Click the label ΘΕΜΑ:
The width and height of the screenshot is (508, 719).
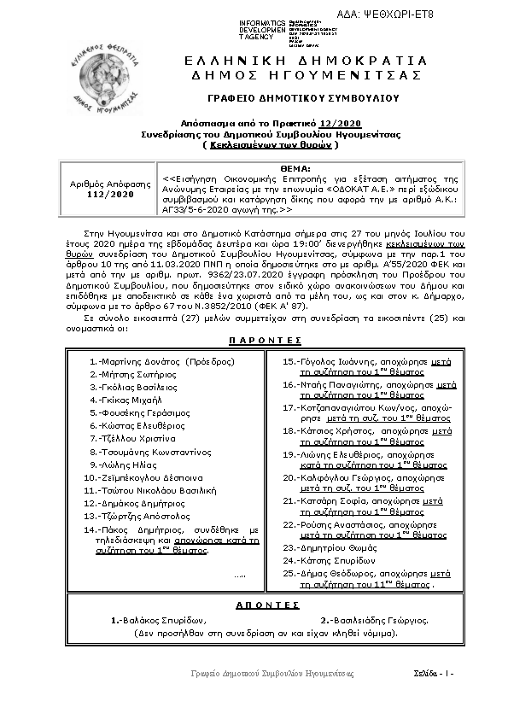(337, 168)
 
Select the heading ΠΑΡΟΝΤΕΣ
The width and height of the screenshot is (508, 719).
(254, 340)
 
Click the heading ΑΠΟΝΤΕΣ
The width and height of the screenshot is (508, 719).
(254, 604)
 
